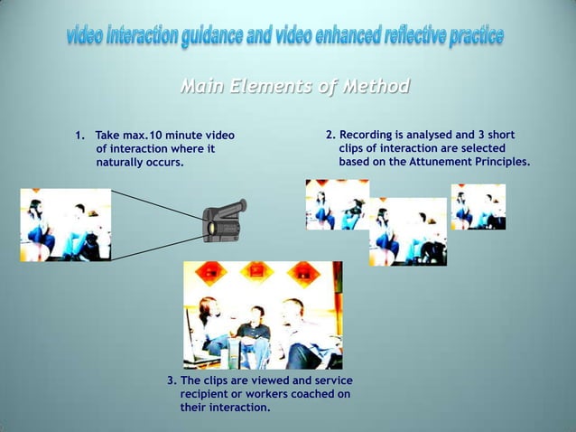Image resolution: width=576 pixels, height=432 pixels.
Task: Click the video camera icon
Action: (x=222, y=221)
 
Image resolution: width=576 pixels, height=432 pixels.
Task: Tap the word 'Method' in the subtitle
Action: (x=374, y=87)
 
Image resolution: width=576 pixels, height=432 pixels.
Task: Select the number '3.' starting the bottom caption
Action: (x=172, y=380)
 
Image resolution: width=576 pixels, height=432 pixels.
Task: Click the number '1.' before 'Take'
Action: (x=80, y=136)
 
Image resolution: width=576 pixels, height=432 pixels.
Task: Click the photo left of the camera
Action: (x=65, y=225)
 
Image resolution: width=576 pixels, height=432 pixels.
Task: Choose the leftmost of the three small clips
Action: (x=337, y=204)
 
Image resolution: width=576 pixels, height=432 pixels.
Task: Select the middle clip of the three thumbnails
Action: (x=407, y=232)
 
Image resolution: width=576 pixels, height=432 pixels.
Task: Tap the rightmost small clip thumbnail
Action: (x=478, y=207)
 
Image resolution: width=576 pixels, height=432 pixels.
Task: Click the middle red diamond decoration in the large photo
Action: (x=257, y=271)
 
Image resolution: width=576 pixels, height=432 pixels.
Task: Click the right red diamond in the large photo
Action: (x=304, y=271)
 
